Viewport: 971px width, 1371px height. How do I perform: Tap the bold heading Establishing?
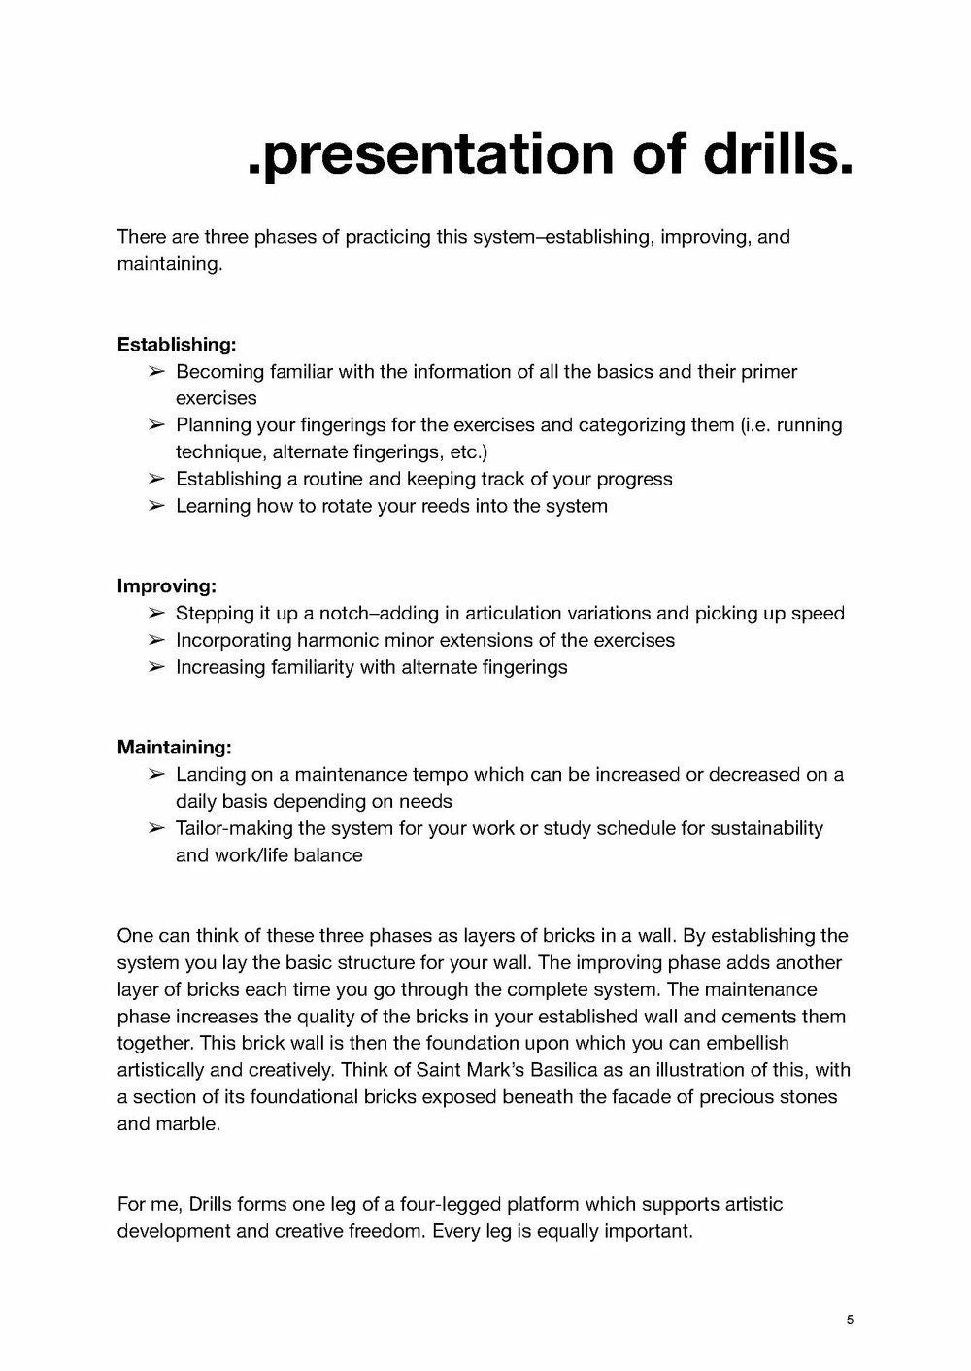tap(176, 344)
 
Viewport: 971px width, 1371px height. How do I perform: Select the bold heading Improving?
tap(166, 585)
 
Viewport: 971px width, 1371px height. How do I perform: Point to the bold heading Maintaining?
tap(174, 747)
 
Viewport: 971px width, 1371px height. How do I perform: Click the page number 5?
tap(851, 1320)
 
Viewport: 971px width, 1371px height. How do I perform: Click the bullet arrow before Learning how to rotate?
tap(156, 506)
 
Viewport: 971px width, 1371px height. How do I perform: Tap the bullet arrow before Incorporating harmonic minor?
tap(156, 640)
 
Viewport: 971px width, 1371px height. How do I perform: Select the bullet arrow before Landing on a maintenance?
tap(156, 774)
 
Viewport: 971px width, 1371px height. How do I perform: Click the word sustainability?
tap(766, 828)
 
